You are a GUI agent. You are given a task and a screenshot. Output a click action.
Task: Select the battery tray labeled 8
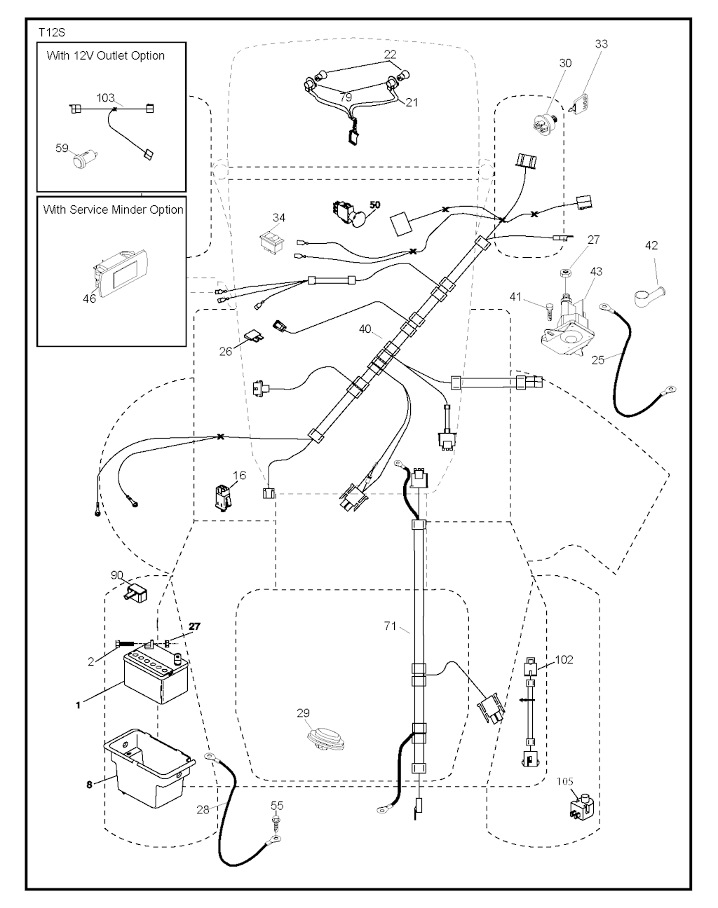tap(148, 768)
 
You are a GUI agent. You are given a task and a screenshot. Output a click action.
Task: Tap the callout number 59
tap(62, 148)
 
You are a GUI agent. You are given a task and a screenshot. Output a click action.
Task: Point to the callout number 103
tap(106, 97)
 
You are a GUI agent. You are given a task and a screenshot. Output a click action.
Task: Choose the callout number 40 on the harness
tap(365, 328)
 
